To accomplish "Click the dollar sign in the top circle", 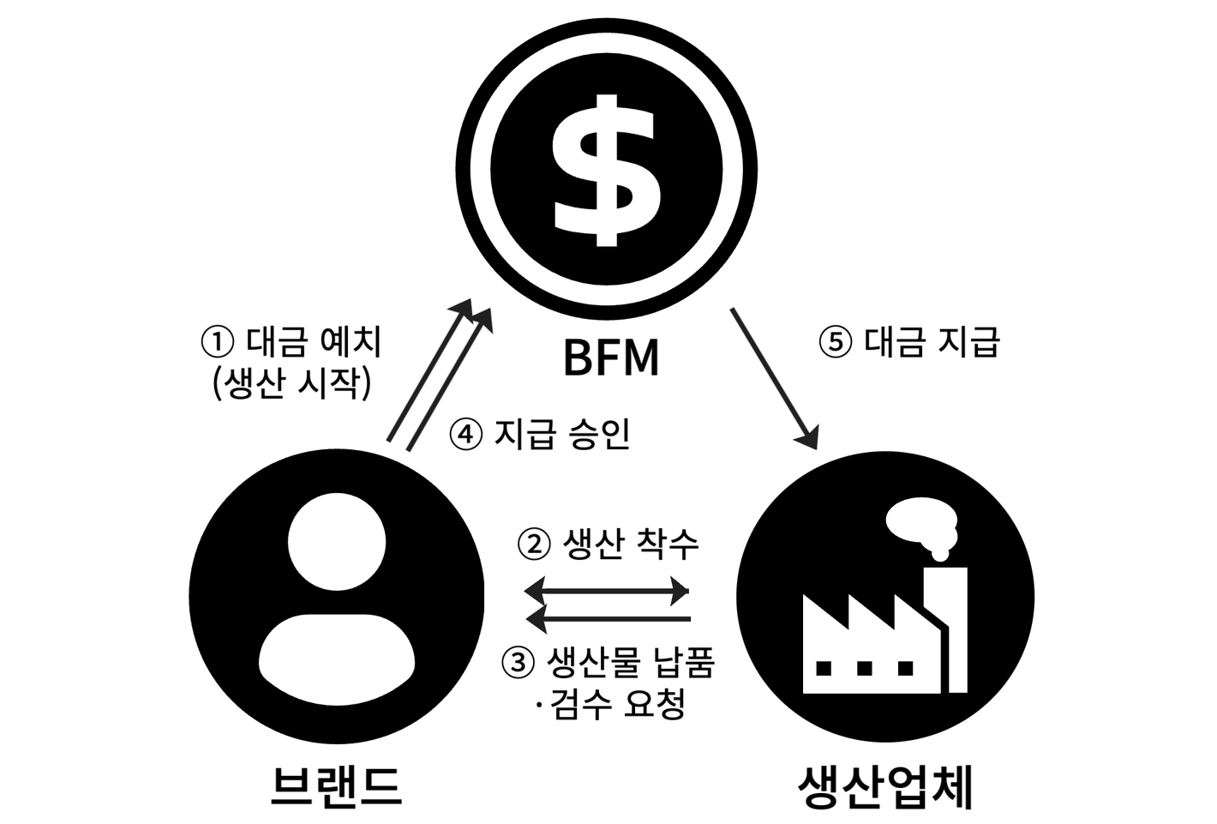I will point(607,168).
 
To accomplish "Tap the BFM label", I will point(611,358).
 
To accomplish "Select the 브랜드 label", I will point(336,785).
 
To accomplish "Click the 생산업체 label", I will point(885,785).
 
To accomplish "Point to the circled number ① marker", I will point(217,343).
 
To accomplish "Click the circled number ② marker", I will point(534,544).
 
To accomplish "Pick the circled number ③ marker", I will point(518,663).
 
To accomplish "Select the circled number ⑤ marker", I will point(836,343).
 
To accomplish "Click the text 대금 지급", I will point(932,343).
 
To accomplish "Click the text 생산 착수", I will point(630,544).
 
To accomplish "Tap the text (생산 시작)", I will point(291,383).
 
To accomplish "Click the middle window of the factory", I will point(865,667).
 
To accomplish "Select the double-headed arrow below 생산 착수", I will point(607,591).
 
